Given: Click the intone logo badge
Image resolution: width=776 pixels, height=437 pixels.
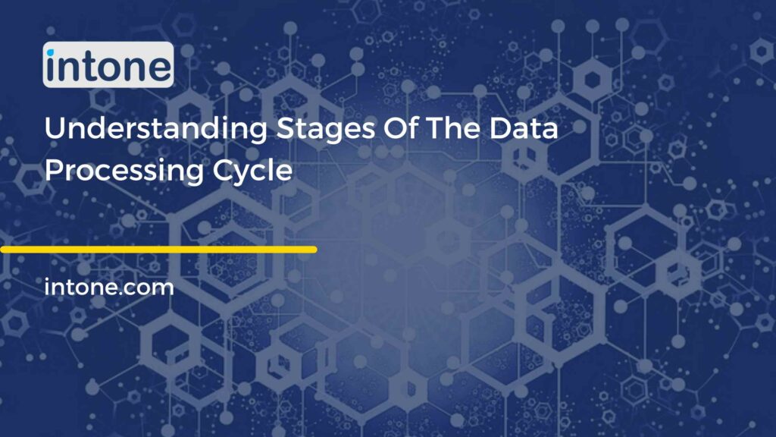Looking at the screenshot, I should coord(108,65).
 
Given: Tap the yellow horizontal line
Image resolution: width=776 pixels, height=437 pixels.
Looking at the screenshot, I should coord(158,249).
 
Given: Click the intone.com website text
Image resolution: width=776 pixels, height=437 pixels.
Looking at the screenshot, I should coord(109,288).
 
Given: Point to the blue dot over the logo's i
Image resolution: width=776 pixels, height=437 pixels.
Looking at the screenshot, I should coord(51,52).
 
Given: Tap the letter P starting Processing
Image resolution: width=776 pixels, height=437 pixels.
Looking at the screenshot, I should coord(53,169).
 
